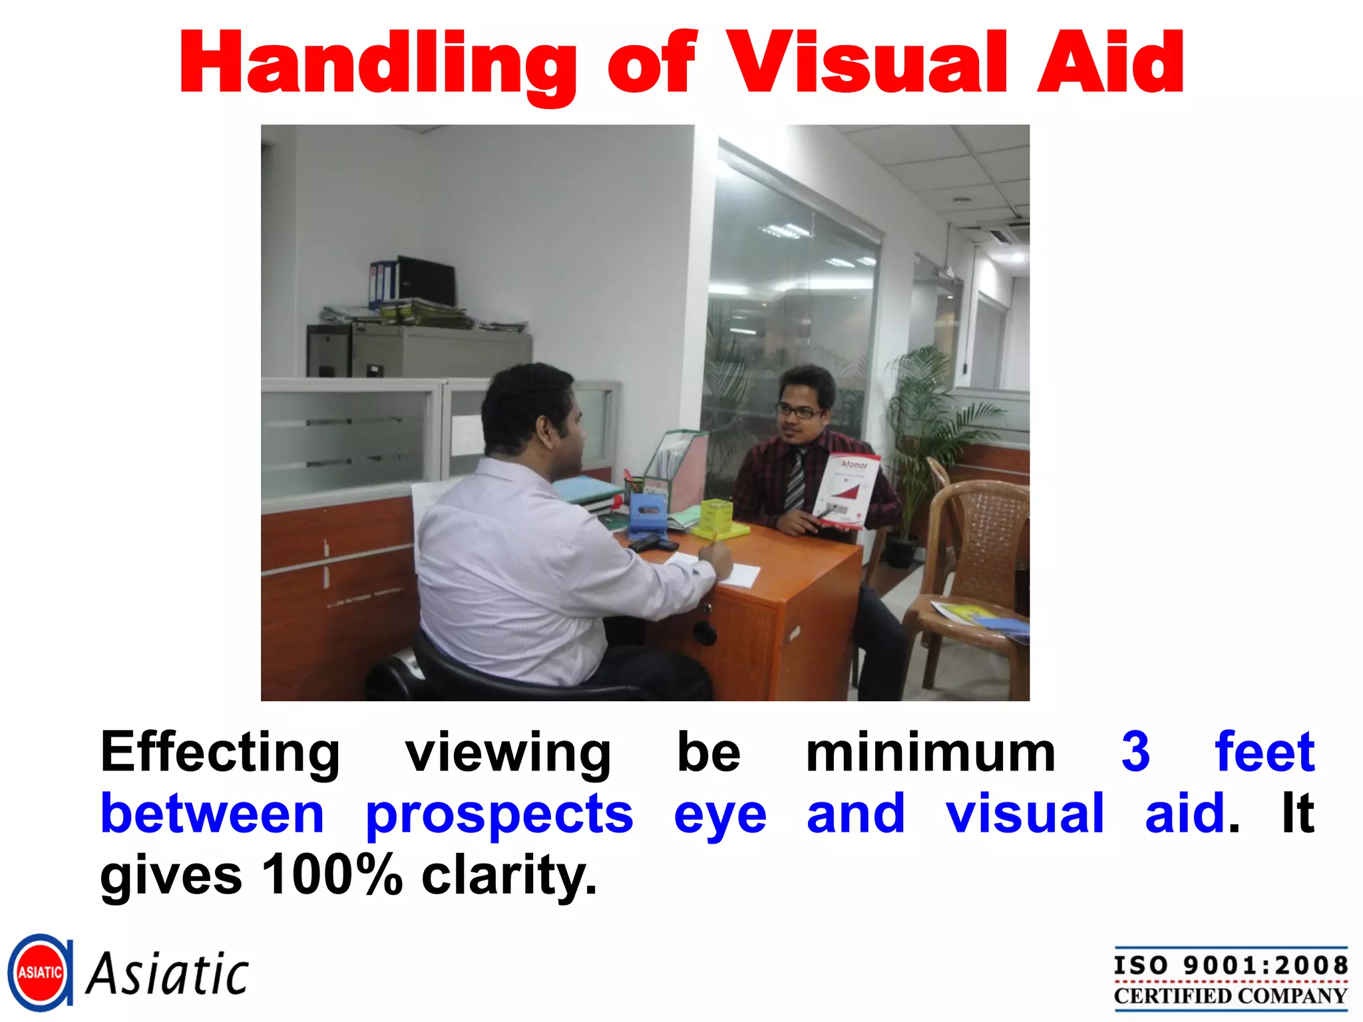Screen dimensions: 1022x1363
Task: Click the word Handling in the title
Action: pos(377,65)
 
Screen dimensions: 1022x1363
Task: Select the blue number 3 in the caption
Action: pos(1135,752)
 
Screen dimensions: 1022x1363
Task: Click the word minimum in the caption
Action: pos(930,753)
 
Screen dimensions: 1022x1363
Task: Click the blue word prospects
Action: pos(499,814)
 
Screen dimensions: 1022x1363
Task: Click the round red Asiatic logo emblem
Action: pos(40,972)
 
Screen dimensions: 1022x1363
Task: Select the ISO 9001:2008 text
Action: pos(1231,965)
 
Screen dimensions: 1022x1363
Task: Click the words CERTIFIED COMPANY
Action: pos(1231,996)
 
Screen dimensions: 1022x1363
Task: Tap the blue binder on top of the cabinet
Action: pos(382,284)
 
